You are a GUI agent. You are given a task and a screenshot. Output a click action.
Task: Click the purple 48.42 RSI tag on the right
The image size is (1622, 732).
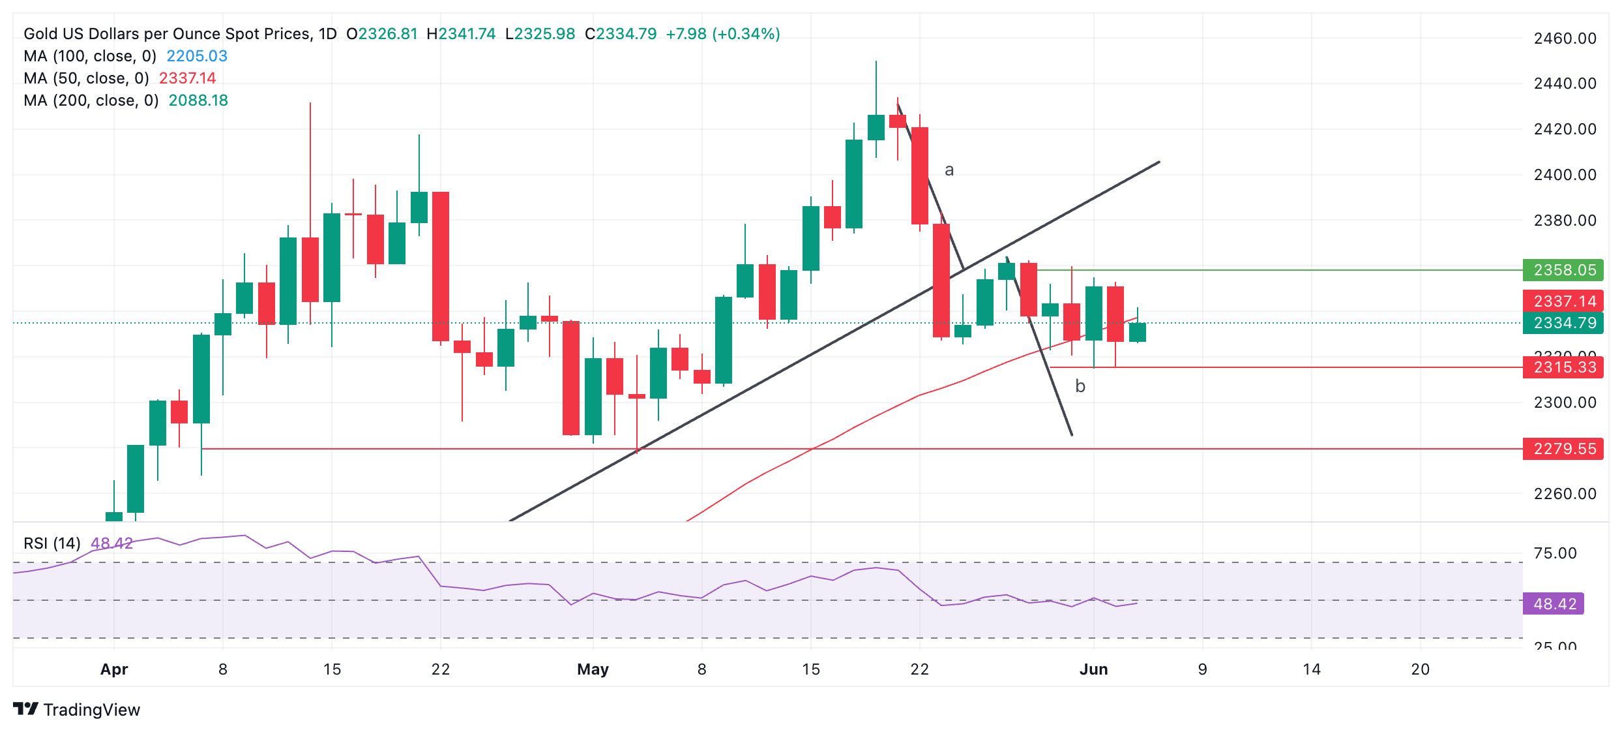point(1554,603)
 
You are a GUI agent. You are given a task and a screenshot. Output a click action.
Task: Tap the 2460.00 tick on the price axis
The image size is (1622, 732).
point(1565,38)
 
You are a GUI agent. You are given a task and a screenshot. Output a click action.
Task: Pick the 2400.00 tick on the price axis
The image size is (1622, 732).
point(1565,175)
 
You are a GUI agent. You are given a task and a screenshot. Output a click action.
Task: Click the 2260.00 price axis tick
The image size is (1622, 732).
point(1565,494)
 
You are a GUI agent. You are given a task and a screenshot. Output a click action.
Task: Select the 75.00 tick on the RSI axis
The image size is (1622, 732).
point(1555,553)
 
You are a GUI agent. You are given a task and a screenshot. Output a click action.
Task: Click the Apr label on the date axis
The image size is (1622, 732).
point(114,669)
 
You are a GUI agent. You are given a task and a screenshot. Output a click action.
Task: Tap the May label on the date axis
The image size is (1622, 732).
point(593,669)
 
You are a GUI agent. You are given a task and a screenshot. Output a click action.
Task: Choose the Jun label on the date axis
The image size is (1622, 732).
point(1093,669)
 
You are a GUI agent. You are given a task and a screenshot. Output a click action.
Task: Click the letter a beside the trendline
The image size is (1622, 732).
point(949,170)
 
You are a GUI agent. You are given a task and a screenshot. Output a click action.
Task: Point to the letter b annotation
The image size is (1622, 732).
point(1080,387)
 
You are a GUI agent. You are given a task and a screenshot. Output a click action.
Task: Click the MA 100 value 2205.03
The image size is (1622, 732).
point(197,56)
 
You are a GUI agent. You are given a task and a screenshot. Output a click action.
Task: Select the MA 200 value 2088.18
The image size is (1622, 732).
point(198,100)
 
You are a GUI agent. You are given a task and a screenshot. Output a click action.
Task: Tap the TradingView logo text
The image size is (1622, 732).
point(91,710)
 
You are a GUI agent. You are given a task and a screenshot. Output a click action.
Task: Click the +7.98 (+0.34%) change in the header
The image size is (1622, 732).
point(722,34)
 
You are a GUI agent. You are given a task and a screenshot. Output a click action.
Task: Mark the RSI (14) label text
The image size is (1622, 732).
point(52,543)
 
